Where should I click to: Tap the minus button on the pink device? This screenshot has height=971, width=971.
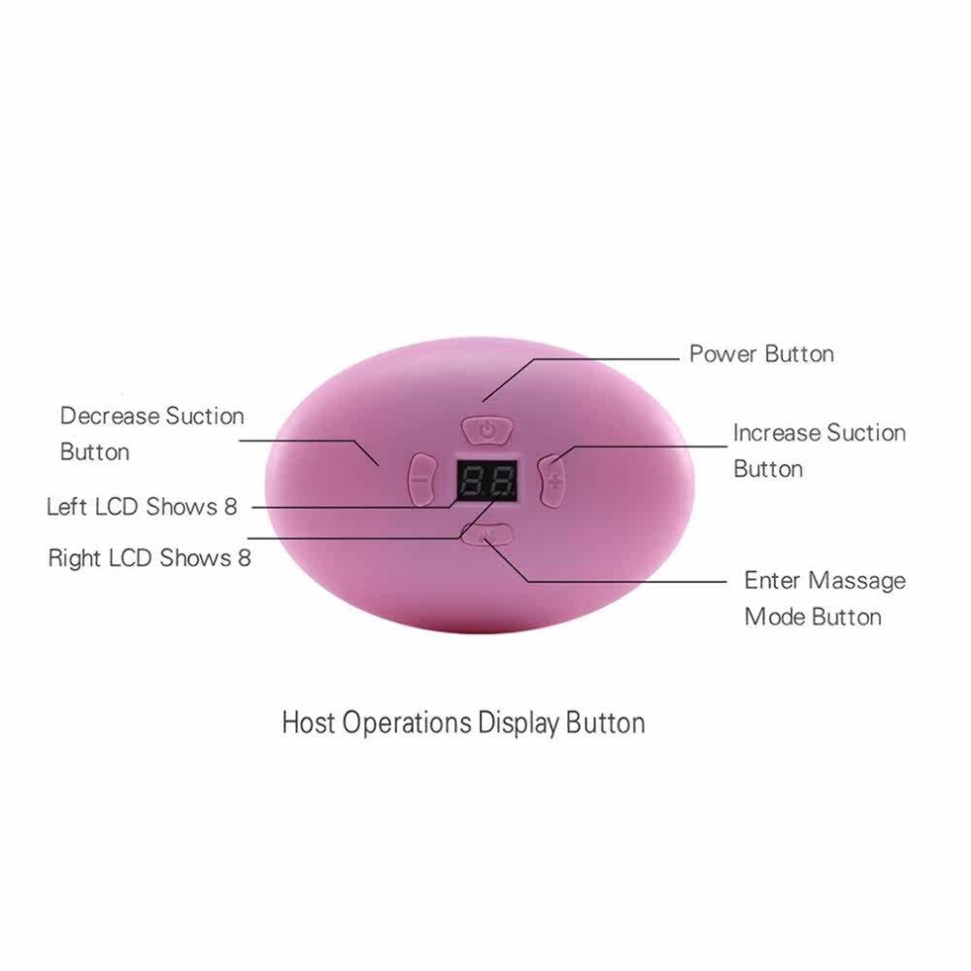tap(420, 479)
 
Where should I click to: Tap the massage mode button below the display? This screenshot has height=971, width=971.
tap(487, 533)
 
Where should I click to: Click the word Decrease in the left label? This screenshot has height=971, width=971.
tap(109, 417)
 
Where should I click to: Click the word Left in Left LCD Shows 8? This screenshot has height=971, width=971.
tap(66, 507)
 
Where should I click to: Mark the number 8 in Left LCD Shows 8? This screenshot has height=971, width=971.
tap(229, 507)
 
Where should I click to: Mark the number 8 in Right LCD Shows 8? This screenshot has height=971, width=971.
tap(244, 558)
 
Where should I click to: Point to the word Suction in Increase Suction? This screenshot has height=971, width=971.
tap(863, 433)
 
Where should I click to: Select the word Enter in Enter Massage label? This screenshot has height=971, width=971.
tap(773, 581)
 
